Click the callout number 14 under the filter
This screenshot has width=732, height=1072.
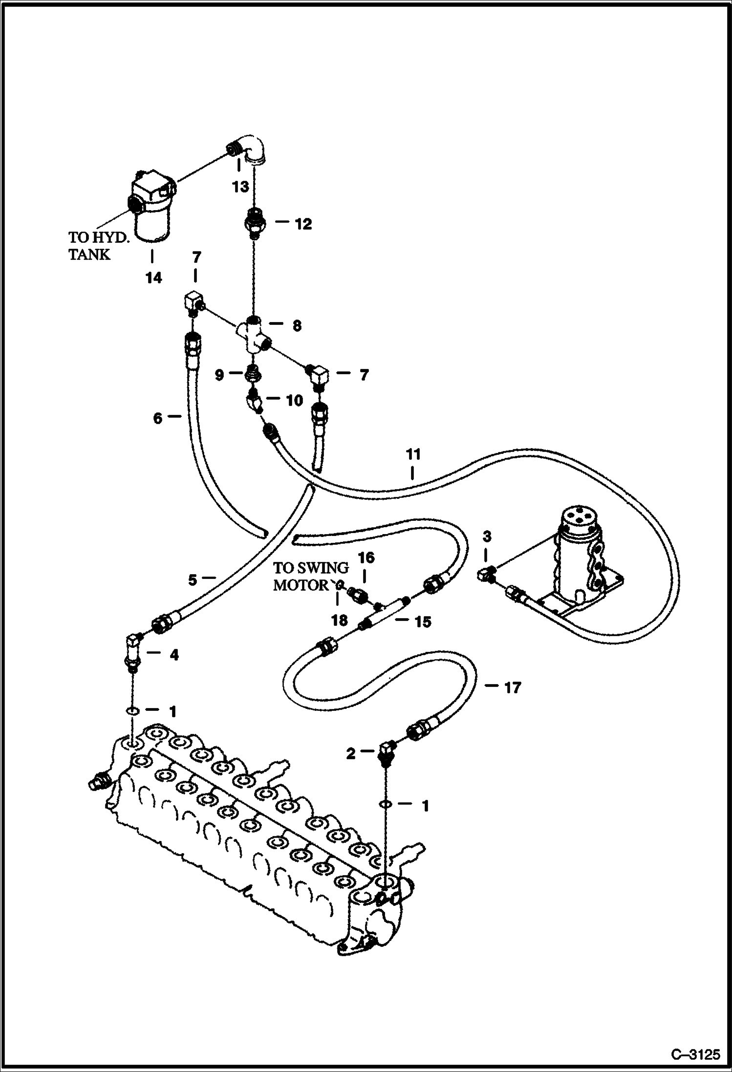[153, 278]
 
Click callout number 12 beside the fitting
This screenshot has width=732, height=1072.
[303, 224]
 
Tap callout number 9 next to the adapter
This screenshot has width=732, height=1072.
[219, 375]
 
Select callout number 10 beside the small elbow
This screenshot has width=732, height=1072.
[295, 401]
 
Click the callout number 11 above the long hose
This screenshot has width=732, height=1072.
[413, 455]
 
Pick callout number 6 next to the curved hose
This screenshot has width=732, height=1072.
[157, 418]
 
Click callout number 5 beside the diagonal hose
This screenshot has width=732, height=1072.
[193, 580]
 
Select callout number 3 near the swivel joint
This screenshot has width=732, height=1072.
[487, 536]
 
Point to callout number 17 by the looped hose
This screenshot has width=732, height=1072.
[512, 688]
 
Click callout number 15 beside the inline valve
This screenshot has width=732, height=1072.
[423, 622]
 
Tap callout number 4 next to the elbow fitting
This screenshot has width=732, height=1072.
[174, 655]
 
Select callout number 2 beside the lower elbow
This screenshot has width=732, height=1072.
[351, 754]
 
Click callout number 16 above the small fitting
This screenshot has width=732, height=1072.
[366, 557]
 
